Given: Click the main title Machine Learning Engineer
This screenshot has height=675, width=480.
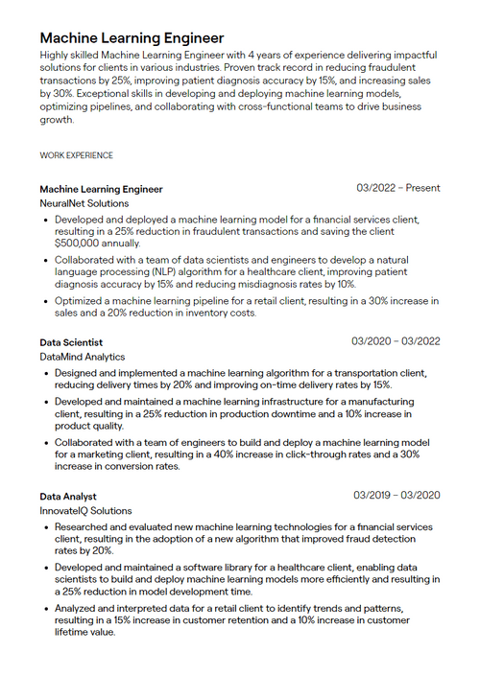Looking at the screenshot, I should tap(132, 38).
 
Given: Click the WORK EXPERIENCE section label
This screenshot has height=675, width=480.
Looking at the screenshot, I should tap(76, 155).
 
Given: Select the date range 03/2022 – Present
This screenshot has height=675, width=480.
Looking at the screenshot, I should tap(397, 188).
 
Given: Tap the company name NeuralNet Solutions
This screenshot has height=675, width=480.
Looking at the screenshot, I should tap(84, 203).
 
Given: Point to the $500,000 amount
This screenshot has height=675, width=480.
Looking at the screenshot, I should tap(82, 244).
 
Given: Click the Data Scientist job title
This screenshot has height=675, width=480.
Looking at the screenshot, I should tap(71, 341).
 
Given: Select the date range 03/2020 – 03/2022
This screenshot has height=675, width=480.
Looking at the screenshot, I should tap(396, 340).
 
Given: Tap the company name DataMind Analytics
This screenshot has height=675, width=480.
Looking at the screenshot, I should tap(83, 357).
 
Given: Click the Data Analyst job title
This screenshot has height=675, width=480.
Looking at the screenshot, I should tap(67, 496).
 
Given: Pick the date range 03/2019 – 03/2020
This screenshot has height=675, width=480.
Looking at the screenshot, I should tap(396, 495).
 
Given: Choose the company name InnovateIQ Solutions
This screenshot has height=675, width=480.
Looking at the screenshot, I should tap(86, 511).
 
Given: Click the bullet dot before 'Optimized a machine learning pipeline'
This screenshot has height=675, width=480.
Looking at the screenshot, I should tap(46, 300).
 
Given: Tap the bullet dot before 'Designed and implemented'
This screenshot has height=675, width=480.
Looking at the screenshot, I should tap(46, 372).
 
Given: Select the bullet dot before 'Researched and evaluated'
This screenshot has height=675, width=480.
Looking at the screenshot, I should tap(46, 526).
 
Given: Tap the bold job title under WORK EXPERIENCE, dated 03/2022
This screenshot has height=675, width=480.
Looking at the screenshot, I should tap(101, 189).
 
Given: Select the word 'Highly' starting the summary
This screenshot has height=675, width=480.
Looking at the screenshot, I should tap(56, 56).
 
